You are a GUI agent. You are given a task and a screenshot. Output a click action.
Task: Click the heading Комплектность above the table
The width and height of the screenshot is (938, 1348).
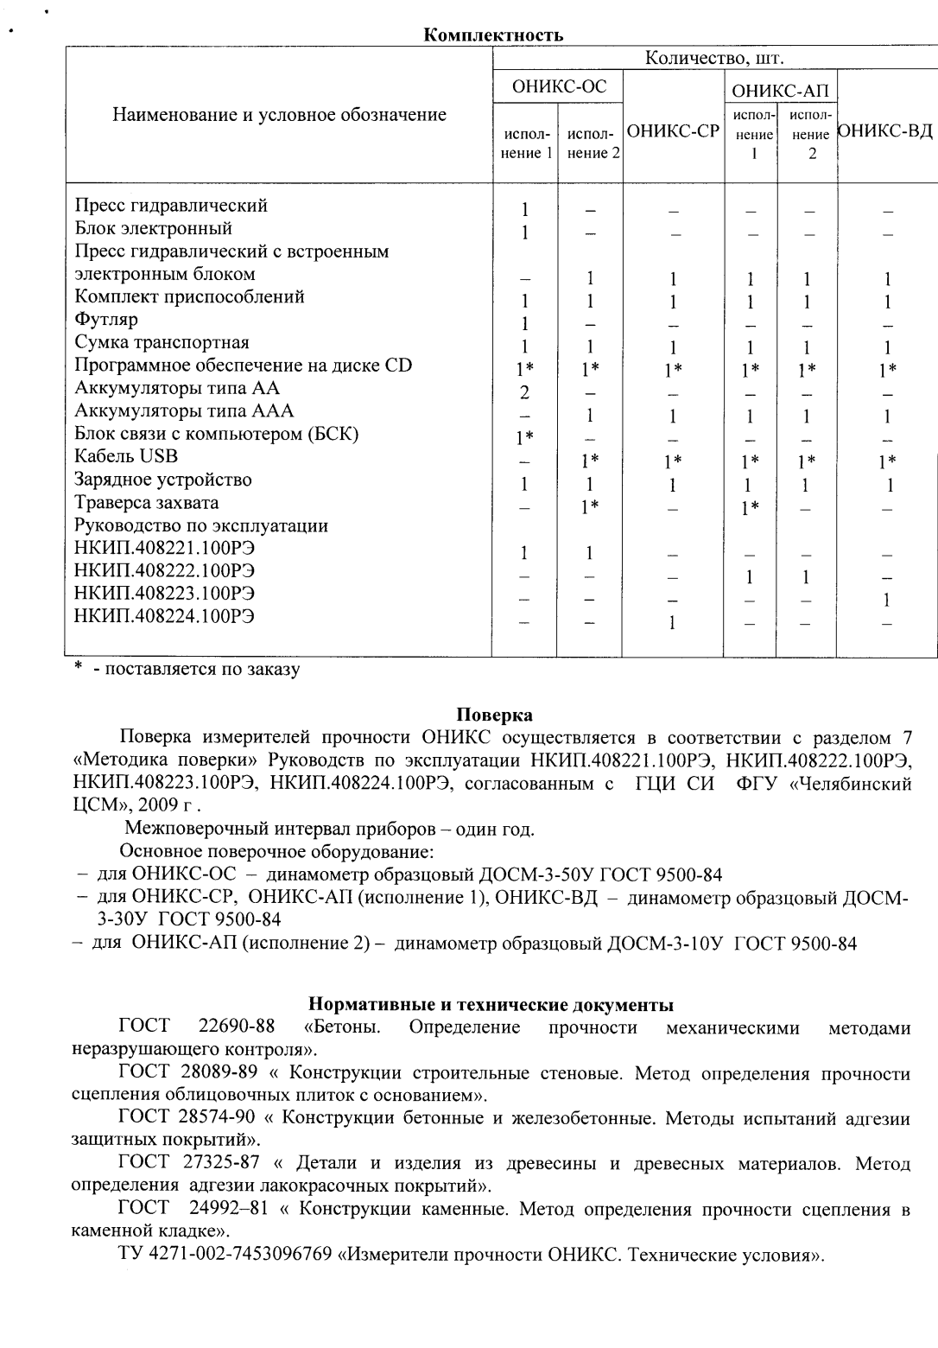tap(493, 35)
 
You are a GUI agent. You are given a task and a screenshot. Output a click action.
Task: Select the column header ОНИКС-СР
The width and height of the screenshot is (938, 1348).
tap(673, 132)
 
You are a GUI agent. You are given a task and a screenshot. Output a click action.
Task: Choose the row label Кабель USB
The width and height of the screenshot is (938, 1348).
tap(126, 456)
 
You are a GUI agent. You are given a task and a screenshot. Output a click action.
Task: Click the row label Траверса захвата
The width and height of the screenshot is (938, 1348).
tap(147, 503)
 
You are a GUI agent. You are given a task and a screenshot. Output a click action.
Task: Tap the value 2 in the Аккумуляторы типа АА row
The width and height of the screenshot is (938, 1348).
tap(524, 393)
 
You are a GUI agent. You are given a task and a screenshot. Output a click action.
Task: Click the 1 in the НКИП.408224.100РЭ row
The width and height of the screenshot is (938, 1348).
tap(672, 623)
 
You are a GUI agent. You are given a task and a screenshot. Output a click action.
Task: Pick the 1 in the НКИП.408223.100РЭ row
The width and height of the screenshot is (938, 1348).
tap(887, 600)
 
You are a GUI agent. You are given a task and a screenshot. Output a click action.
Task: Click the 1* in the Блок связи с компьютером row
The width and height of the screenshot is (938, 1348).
tap(524, 439)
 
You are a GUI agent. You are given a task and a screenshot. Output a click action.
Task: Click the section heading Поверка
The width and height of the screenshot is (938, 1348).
tap(494, 715)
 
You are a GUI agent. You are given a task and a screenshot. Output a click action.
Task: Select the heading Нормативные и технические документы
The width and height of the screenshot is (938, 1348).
tap(491, 1005)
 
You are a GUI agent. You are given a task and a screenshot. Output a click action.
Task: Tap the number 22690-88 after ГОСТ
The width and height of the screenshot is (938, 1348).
tap(237, 1027)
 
